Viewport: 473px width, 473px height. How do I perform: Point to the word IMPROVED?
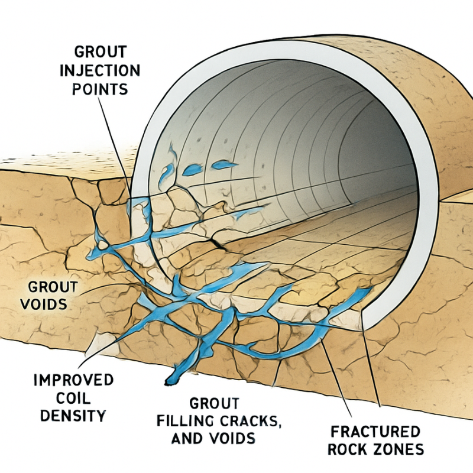pos(74,379)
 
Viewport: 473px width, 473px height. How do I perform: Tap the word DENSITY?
pos(74,416)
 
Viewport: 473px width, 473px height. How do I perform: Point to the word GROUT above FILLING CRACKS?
pos(214,403)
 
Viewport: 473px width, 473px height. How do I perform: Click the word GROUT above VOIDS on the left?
pos(53,287)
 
